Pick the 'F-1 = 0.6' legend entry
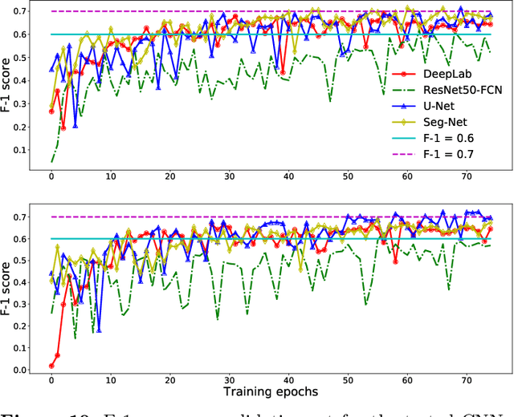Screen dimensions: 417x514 pyautogui.click(x=448, y=138)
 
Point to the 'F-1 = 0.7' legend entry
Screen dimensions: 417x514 pyautogui.click(x=448, y=154)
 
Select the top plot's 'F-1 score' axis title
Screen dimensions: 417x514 pyautogui.click(x=9, y=87)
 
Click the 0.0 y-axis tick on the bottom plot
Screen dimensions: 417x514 pyautogui.click(x=30, y=370)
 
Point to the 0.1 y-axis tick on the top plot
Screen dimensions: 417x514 pyautogui.click(x=30, y=148)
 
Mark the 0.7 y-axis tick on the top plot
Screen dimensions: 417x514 pyautogui.click(x=30, y=11)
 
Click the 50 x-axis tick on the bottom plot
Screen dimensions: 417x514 pyautogui.click(x=348, y=379)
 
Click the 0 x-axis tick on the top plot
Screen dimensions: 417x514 pyautogui.click(x=51, y=177)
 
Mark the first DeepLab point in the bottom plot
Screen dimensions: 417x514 pyautogui.click(x=51, y=366)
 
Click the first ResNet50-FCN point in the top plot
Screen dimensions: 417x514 pyautogui.click(x=51, y=161)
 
